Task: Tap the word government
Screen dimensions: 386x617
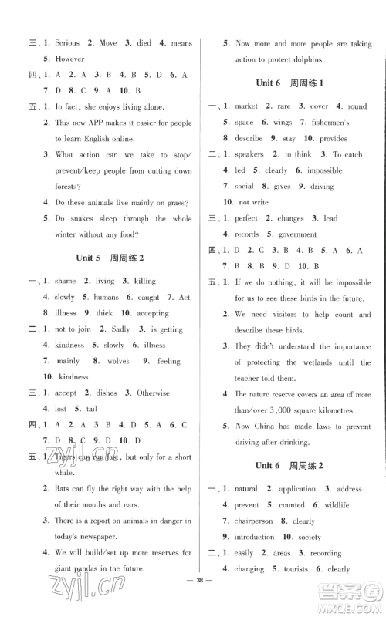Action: [297, 234]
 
